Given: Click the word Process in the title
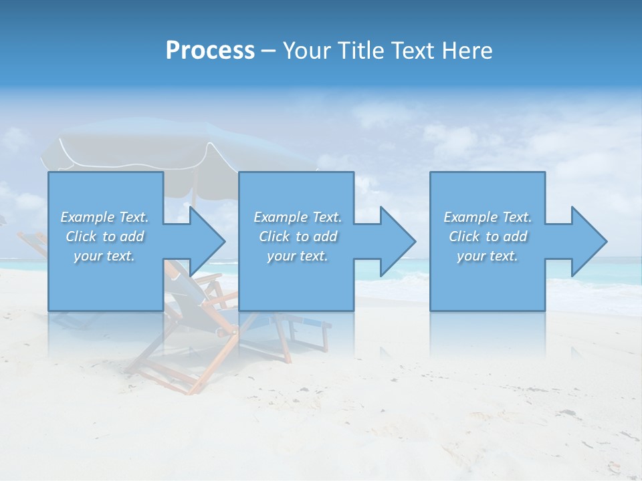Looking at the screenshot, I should point(210,51).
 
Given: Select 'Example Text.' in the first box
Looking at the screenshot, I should point(105,217).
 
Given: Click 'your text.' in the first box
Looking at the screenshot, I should point(105,256).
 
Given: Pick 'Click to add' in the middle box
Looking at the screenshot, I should point(298,236).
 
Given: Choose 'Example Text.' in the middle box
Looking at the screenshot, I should point(298,217).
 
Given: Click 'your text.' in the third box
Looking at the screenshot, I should point(488,256).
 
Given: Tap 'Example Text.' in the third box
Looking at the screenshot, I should point(488,217).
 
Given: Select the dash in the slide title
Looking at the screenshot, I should point(268,51).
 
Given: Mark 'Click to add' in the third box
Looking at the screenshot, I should point(488,236).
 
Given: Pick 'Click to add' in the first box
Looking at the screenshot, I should point(105,236).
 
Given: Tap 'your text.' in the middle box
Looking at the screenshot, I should point(298,256).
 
